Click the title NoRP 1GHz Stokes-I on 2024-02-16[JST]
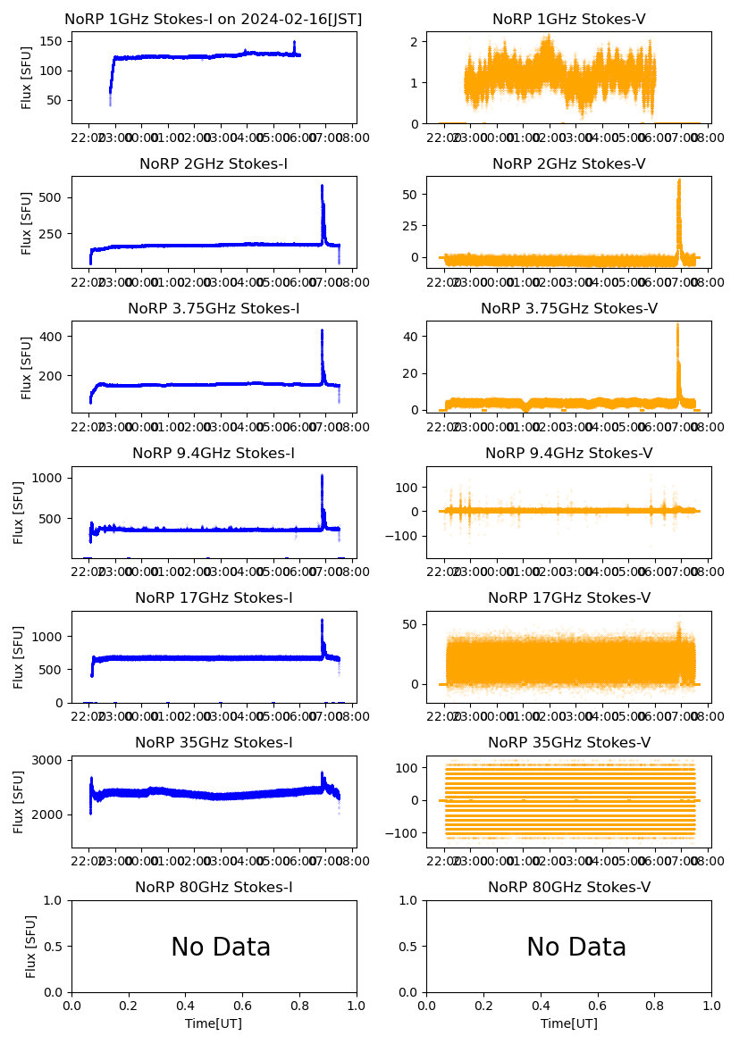(x=213, y=19)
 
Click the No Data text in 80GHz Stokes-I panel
(x=221, y=947)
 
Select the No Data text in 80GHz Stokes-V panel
(x=576, y=947)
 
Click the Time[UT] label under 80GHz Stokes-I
(x=214, y=1023)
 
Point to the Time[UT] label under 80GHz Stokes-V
(x=569, y=1023)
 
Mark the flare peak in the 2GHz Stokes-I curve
(x=322, y=186)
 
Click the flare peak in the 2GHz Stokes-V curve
(x=678, y=180)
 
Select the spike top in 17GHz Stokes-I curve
(x=322, y=620)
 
